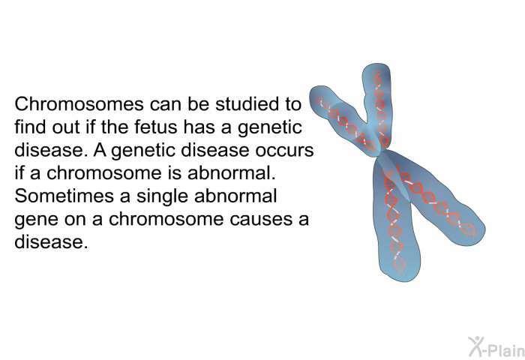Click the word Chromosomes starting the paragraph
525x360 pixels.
click(x=79, y=103)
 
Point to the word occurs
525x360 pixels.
click(x=284, y=150)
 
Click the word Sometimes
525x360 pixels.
click(x=64, y=196)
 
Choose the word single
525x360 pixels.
click(x=163, y=197)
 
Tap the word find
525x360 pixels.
click(x=31, y=127)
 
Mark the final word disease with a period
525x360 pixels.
click(x=51, y=241)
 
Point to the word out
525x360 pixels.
click(x=66, y=127)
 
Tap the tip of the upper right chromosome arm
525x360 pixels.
click(x=376, y=64)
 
